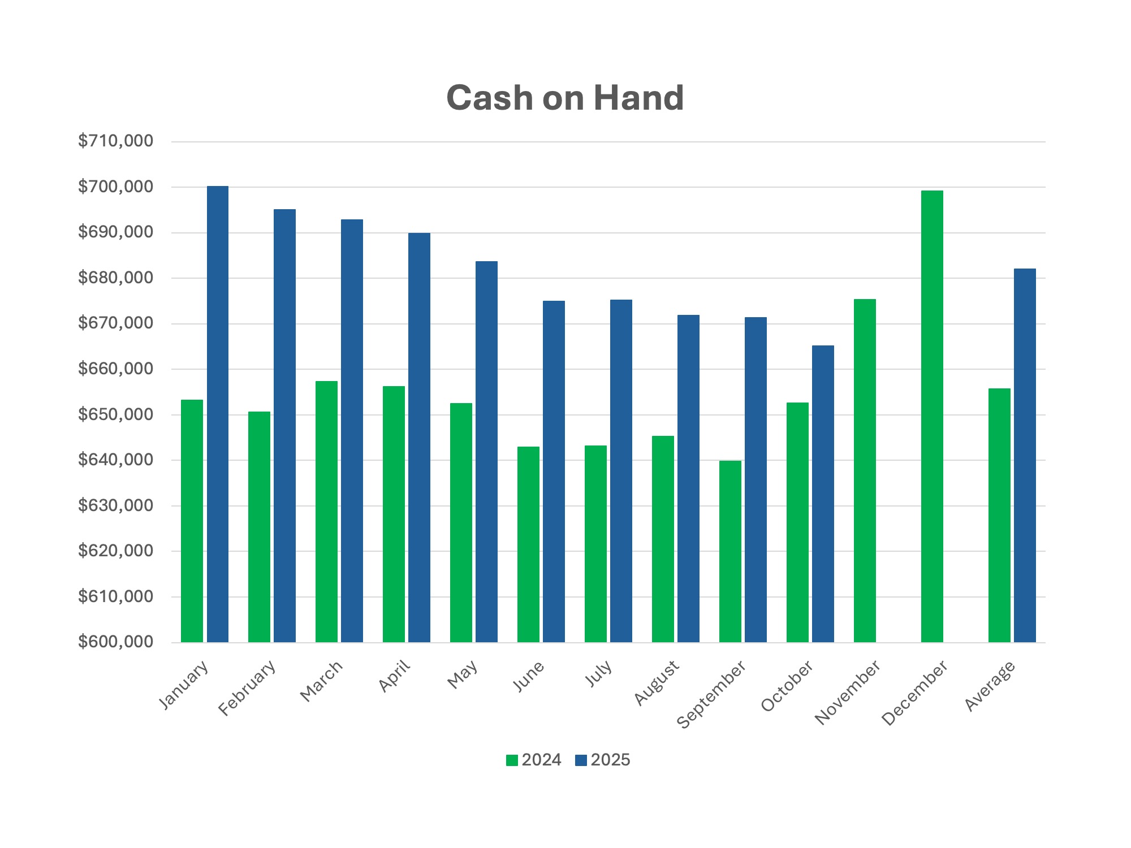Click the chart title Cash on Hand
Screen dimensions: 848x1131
[565, 98]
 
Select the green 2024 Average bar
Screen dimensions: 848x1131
[999, 515]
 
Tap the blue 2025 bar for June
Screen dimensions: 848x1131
[554, 471]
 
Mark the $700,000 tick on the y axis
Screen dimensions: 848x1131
[115, 187]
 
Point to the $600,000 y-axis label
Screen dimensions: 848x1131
[115, 642]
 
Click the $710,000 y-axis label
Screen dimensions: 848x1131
[115, 141]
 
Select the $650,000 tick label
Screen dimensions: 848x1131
[115, 414]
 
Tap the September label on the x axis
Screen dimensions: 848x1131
[711, 695]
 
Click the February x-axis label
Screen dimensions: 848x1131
[247, 688]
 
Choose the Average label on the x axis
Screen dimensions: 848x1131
[990, 686]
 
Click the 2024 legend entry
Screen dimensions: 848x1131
[534, 760]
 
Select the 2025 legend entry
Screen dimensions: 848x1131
[603, 760]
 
